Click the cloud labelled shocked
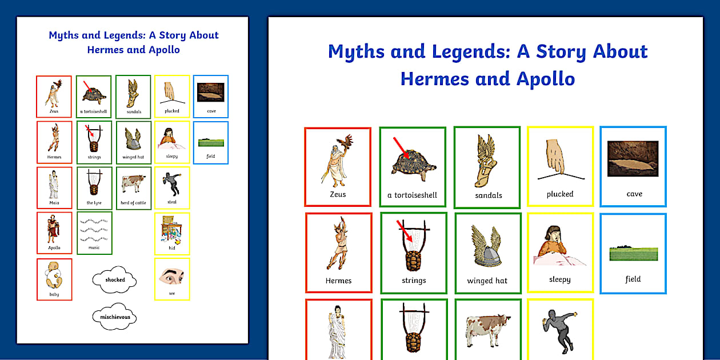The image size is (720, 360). point(114,280)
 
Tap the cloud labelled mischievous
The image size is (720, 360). point(114,317)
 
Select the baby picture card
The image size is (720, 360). point(54,279)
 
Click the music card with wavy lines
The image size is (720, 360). point(94,232)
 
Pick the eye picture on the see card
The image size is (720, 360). point(171,277)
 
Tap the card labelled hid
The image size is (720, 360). point(172,233)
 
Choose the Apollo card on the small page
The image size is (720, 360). point(54,233)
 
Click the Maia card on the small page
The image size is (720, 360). point(54,187)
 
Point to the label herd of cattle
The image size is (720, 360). point(134,203)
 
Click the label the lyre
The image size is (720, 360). point(94,203)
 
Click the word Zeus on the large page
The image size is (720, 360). point(338,194)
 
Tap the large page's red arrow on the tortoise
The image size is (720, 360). point(402,148)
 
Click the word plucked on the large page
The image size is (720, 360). point(560,194)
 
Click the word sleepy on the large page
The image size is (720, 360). point(560,279)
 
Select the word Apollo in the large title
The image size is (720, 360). point(546,78)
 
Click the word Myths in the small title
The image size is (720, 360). point(63,35)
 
